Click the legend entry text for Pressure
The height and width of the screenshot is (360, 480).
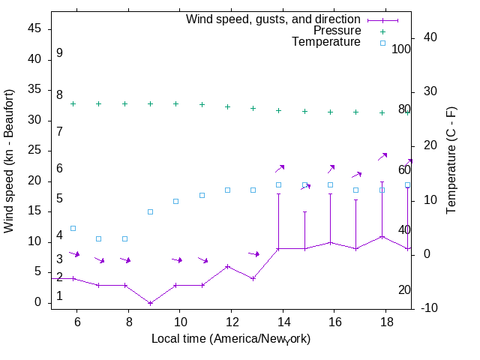pyautogui.click(x=337, y=31)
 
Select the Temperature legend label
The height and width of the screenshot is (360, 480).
pyautogui.click(x=325, y=43)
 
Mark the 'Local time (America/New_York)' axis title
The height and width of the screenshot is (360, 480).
pyautogui.click(x=231, y=339)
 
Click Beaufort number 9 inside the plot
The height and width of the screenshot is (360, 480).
pyautogui.click(x=59, y=53)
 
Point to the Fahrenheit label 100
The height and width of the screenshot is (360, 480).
pyautogui.click(x=401, y=49)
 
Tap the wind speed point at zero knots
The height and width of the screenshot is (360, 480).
pyautogui.click(x=150, y=303)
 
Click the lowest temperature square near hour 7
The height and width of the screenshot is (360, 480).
pyautogui.click(x=98, y=238)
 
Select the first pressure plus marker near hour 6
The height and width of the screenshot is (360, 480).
pyautogui.click(x=73, y=103)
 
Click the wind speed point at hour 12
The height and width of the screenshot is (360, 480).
pyautogui.click(x=227, y=266)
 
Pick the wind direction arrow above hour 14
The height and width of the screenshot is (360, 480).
pyautogui.click(x=280, y=169)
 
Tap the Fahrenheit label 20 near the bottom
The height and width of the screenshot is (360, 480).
pyautogui.click(x=405, y=289)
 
